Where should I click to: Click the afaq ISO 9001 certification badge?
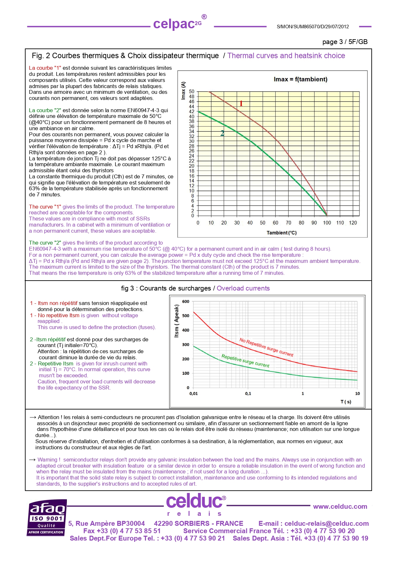pyautogui.click(x=47, y=518)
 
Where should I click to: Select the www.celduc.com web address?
pyautogui.click(x=340, y=506)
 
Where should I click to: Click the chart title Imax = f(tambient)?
pyautogui.click(x=300, y=79)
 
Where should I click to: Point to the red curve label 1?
pyautogui.click(x=241, y=103)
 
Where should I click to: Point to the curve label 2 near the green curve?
pyautogui.click(x=222, y=133)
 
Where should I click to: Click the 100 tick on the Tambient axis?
pyautogui.click(x=327, y=223)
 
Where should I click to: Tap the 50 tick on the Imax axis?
pyautogui.click(x=192, y=92)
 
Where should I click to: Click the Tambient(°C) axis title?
pyautogui.click(x=282, y=233)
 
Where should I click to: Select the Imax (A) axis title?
pyautogui.click(x=184, y=90)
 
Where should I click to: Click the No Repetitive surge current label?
pyautogui.click(x=266, y=347)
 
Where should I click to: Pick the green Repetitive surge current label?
pyautogui.click(x=245, y=361)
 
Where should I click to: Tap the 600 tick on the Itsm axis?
pyautogui.click(x=186, y=301)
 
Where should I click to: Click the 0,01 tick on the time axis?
pyautogui.click(x=193, y=394)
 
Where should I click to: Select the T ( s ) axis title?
pyautogui.click(x=346, y=402)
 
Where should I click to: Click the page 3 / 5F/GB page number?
pyautogui.click(x=345, y=42)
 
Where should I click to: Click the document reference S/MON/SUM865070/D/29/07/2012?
pyautogui.click(x=313, y=27)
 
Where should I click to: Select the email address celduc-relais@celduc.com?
pyautogui.click(x=326, y=524)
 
